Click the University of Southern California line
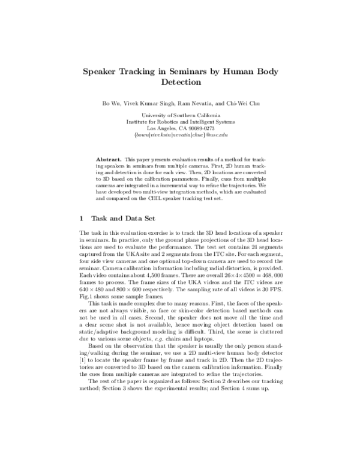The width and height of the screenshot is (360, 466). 180,114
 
